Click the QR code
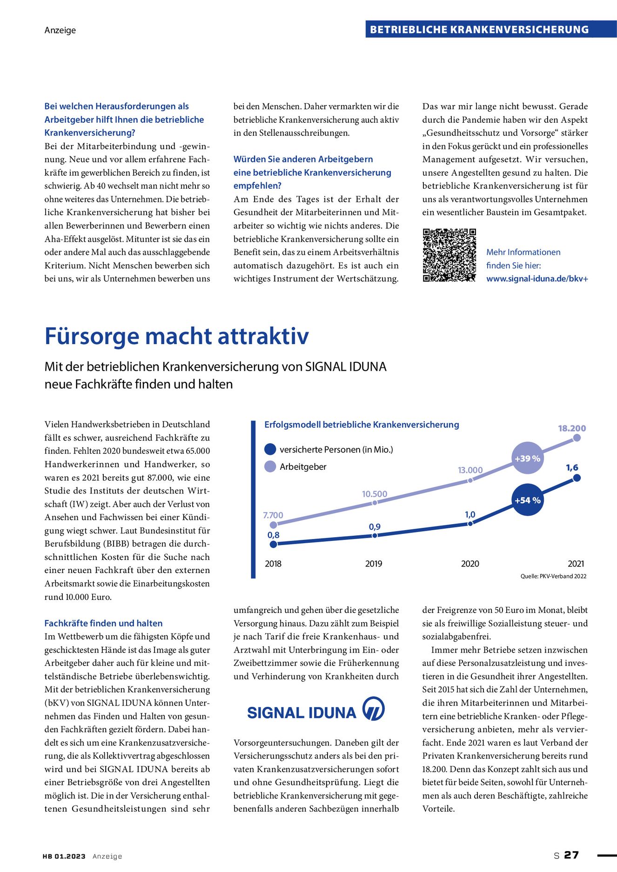(449, 255)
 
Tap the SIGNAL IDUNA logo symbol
(373, 708)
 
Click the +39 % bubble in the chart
(527, 458)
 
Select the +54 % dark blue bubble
(528, 500)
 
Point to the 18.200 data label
(572, 428)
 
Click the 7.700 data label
(273, 515)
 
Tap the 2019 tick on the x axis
(374, 564)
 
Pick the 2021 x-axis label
(576, 564)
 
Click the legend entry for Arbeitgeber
(303, 466)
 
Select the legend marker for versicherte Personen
(270, 449)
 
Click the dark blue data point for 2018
(274, 544)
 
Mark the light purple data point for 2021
(577, 438)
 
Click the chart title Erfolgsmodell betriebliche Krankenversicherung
(362, 425)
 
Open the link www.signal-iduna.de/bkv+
(537, 279)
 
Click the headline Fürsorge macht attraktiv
(177, 336)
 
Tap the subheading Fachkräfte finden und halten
(103, 623)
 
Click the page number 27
(571, 855)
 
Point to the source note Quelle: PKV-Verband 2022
(553, 576)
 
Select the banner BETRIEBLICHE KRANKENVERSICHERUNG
(479, 30)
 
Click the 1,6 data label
(572, 467)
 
